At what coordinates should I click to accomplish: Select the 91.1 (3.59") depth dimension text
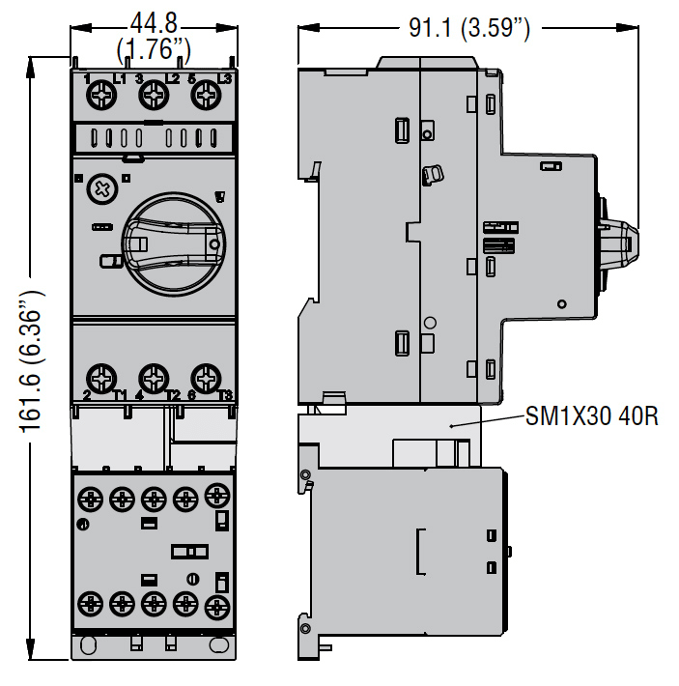[468, 28]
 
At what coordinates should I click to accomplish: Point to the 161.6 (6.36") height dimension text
[32, 357]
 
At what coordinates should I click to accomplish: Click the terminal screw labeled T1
[100, 376]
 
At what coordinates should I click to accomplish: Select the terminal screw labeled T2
[152, 376]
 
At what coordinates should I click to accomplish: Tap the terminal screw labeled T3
[204, 376]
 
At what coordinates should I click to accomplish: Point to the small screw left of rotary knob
[99, 187]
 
